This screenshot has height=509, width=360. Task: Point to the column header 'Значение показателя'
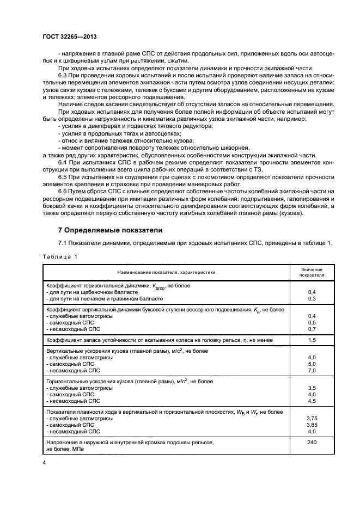[x=312, y=272]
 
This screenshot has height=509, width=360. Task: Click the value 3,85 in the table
[x=312, y=424]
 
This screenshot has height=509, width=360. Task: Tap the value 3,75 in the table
[x=312, y=418]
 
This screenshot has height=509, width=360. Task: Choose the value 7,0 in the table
[x=312, y=370]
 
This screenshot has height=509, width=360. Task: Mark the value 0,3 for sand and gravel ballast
[x=312, y=298]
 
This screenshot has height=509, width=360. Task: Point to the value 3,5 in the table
[x=312, y=388]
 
